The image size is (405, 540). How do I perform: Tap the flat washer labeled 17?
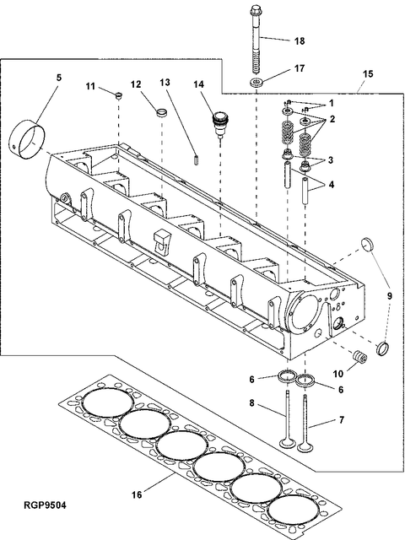tap(256, 82)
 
